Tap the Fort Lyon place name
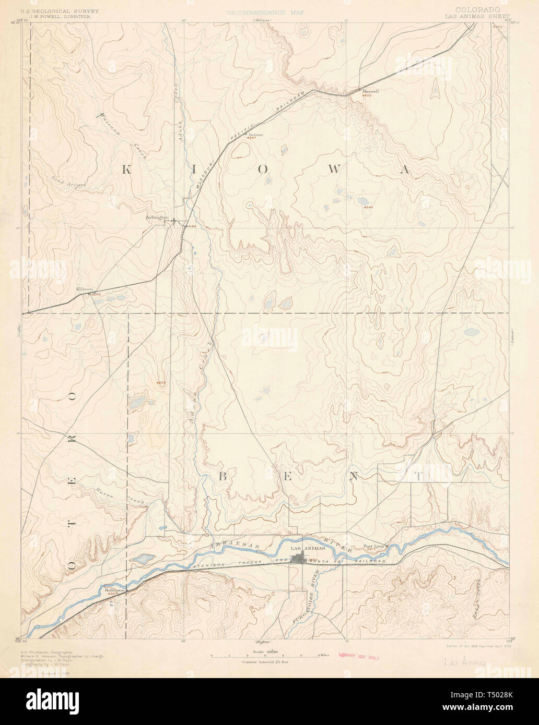coord(373,546)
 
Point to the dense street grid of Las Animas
coord(300,559)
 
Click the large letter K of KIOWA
coord(127,168)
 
